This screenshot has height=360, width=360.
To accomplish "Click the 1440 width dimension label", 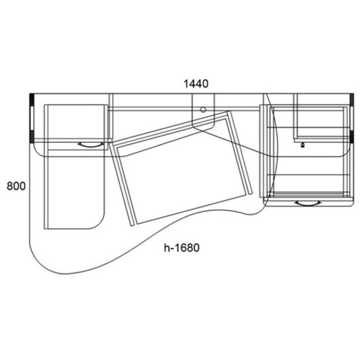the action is (196, 84).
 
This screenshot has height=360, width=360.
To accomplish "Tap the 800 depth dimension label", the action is (16, 186).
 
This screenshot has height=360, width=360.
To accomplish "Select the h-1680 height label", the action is (181, 248).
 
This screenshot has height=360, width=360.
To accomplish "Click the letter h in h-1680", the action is (166, 248).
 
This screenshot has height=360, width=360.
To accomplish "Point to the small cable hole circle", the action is (202, 109).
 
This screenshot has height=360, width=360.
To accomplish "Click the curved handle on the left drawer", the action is (90, 145).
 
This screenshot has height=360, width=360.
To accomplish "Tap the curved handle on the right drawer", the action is (308, 203).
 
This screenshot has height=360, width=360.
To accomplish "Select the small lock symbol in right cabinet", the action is (302, 145).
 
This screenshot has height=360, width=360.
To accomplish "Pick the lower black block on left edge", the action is (32, 137).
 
